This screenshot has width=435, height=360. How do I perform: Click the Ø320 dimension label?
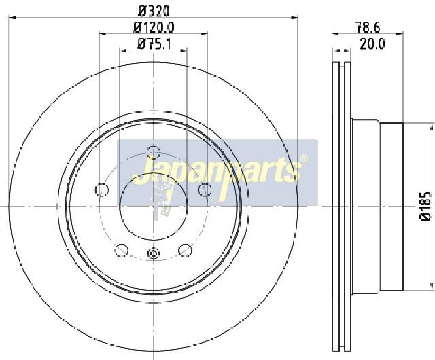(x=154, y=11)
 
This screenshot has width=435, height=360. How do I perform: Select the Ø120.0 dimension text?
(x=154, y=27)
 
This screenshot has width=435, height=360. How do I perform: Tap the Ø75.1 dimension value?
(x=154, y=44)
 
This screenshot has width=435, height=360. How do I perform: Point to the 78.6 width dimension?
(x=368, y=27)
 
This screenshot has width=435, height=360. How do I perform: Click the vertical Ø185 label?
(x=425, y=206)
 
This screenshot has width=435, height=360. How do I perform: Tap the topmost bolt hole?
(x=154, y=152)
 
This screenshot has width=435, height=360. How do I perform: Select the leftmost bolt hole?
(x=102, y=190)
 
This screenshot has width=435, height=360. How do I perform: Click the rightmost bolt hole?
(x=205, y=190)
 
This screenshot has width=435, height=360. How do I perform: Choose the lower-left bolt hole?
(x=122, y=250)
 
